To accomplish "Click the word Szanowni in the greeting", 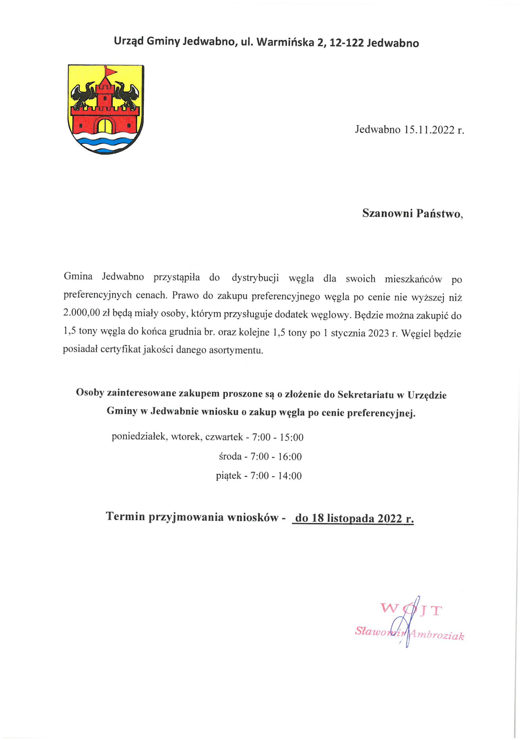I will tap(387, 213).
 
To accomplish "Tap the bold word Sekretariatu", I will tap(366, 395).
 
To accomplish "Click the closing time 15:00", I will tap(292, 437).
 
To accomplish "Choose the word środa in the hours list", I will tap(230, 456).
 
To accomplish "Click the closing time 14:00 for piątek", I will tap(290, 476).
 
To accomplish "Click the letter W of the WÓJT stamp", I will tap(389, 609).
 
